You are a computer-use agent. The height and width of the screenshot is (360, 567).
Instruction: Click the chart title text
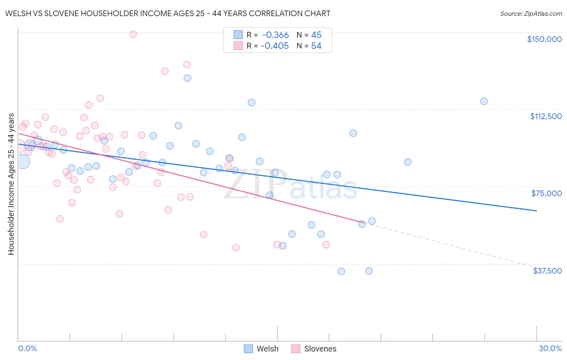[167, 13]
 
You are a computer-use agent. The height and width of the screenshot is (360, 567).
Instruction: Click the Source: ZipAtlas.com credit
[531, 13]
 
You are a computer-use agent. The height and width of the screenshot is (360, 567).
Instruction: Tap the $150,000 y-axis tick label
[544, 39]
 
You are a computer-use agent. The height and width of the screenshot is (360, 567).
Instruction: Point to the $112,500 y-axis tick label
[546, 116]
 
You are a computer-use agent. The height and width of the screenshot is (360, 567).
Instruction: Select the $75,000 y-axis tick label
[546, 193]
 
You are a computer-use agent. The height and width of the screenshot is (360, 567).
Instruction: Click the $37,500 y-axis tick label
[547, 271]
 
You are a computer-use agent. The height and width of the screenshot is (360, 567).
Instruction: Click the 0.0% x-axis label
[27, 348]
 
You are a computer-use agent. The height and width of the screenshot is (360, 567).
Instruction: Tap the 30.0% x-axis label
[550, 348]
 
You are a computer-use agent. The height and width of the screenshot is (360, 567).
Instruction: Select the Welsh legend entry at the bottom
[261, 349]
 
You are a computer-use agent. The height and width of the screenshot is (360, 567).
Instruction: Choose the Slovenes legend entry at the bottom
[314, 349]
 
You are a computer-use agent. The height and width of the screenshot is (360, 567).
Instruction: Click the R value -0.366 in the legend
[275, 35]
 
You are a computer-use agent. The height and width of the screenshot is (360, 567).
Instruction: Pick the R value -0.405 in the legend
[275, 46]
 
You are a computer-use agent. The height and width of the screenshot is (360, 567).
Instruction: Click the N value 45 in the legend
[316, 35]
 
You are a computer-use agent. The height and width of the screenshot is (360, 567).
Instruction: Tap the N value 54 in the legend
[316, 46]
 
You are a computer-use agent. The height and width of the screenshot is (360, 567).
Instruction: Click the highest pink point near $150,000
[133, 34]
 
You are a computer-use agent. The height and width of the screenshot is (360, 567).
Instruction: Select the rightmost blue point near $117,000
[484, 101]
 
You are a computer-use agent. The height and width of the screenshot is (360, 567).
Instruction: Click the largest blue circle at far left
[23, 161]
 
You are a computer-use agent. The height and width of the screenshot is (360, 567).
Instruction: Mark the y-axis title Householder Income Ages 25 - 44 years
[11, 184]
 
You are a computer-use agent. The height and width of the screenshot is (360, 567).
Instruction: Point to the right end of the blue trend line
[536, 211]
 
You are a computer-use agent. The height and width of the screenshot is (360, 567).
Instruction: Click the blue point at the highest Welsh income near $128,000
[188, 78]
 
